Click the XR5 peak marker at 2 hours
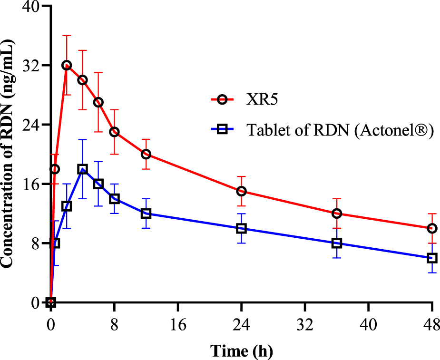67,65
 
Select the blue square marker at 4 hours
82,169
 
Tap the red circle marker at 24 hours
241,191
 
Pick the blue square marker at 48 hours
432,258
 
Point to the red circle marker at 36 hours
337,214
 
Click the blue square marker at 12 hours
146,214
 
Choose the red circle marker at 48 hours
432,228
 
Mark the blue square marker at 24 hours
241,228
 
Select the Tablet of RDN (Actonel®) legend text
340,130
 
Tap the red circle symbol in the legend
221,99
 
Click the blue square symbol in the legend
221,130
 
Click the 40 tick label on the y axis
29,6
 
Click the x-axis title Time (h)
241,351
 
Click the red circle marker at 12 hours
146,154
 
